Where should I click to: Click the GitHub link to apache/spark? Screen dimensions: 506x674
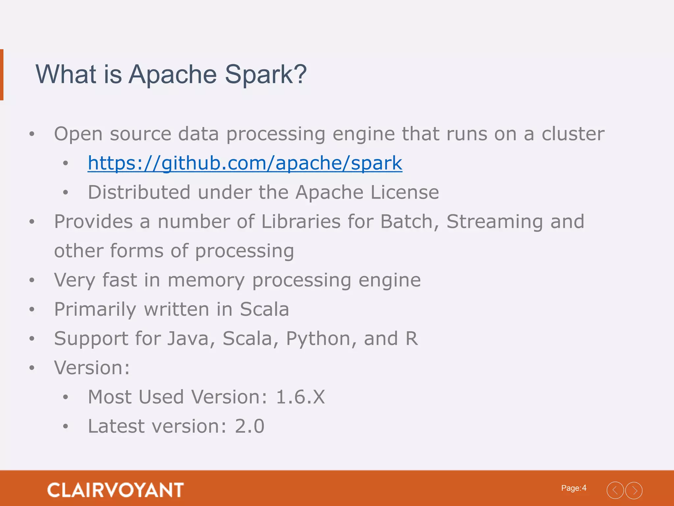[245, 163]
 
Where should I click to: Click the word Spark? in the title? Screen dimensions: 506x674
[266, 74]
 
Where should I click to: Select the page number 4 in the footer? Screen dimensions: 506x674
[584, 488]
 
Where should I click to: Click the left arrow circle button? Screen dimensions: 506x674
[615, 491]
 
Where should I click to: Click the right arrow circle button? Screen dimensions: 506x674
[634, 491]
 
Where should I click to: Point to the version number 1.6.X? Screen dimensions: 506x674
[300, 397]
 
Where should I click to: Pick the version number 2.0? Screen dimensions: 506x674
[249, 426]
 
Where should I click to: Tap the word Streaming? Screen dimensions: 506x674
[494, 222]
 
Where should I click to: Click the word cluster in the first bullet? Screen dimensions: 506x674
[573, 134]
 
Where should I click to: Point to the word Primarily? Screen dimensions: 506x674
[95, 310]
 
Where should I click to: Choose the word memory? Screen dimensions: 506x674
[206, 280]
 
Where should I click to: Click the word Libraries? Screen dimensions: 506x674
[301, 221]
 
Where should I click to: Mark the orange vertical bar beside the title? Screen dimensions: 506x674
[2, 75]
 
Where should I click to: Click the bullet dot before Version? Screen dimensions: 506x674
[32, 368]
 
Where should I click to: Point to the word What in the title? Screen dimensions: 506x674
[66, 74]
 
